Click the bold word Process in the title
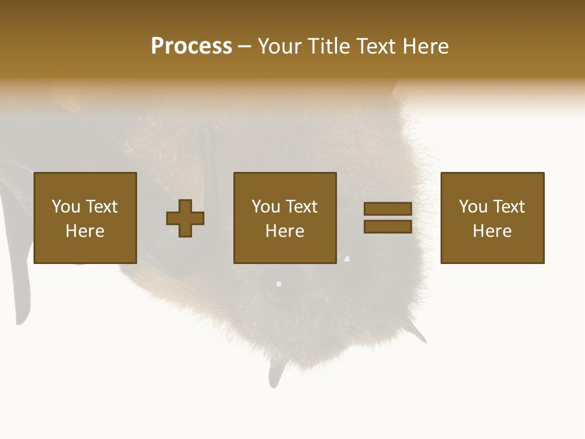tap(191, 46)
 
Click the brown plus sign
tap(185, 218)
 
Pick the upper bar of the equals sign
tap(388, 209)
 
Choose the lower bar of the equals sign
tap(388, 227)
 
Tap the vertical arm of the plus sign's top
tap(185, 205)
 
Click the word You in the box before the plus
tap(65, 207)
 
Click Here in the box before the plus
tap(85, 231)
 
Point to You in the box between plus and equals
tap(266, 207)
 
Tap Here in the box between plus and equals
tap(285, 231)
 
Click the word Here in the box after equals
tap(492, 231)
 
